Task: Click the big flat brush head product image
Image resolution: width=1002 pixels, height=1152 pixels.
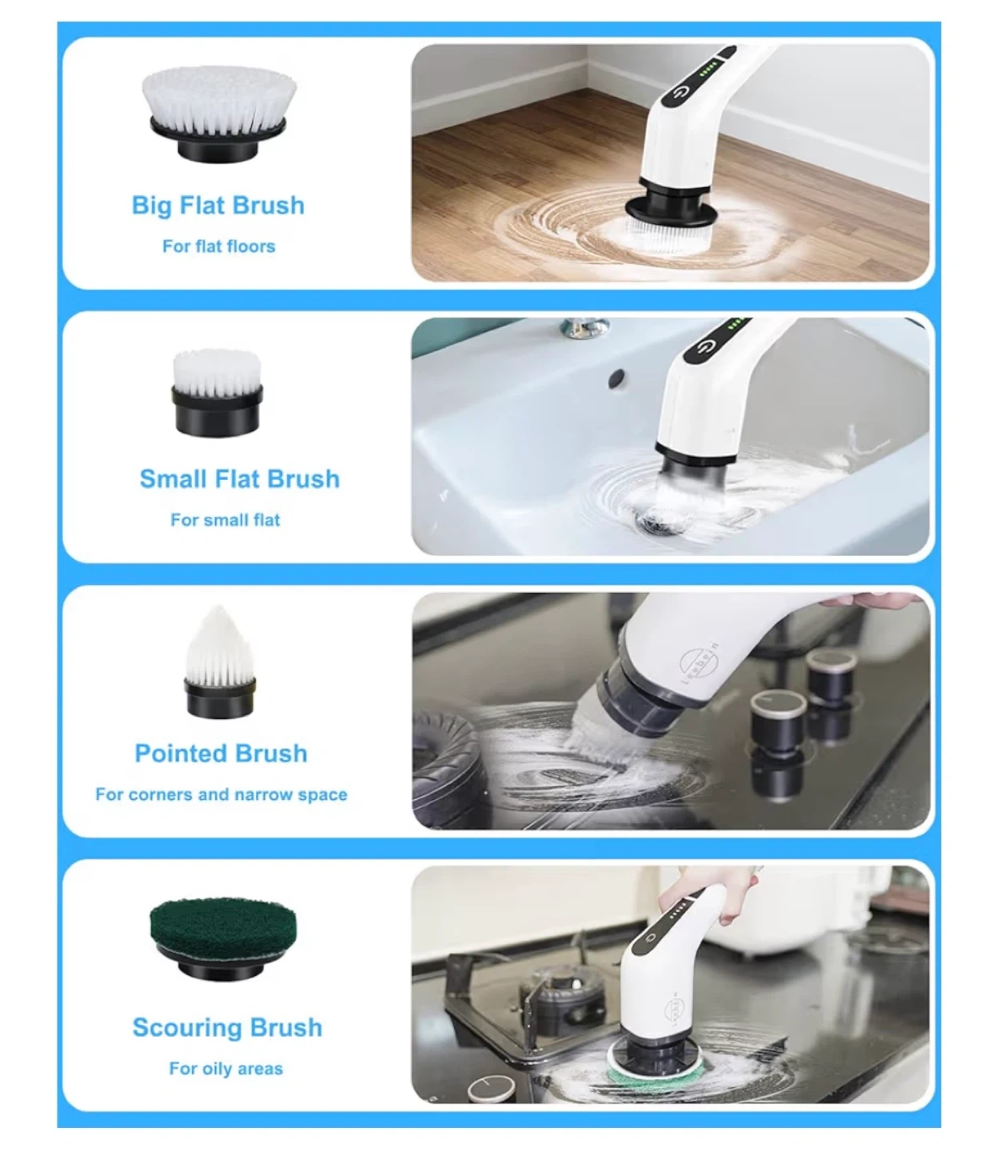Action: [218, 114]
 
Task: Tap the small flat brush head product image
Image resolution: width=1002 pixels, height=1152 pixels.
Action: [217, 393]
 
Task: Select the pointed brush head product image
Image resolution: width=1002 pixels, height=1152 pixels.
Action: [219, 662]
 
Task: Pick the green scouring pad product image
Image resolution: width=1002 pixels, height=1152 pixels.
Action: [223, 939]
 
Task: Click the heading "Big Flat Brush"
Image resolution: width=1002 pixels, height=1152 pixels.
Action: [218, 206]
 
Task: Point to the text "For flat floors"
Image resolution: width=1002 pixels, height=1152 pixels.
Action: [219, 246]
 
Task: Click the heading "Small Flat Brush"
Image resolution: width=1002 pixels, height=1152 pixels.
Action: [240, 479]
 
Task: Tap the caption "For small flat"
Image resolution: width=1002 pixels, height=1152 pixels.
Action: [225, 520]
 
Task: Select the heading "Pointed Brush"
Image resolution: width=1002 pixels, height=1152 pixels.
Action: [221, 754]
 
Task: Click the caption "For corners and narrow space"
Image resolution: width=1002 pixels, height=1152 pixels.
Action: [221, 794]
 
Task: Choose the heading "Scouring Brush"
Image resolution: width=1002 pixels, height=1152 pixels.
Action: [227, 1027]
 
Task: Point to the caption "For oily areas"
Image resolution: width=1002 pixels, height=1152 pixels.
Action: [226, 1069]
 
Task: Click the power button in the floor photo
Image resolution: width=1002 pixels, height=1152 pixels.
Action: [681, 92]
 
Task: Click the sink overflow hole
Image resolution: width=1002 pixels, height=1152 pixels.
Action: [617, 378]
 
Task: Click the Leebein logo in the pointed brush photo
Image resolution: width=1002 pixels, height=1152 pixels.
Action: [696, 663]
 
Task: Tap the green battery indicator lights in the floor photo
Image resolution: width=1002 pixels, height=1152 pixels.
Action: [708, 71]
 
